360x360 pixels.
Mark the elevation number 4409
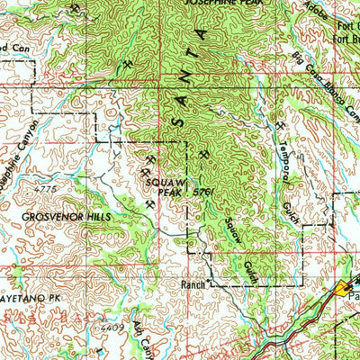point(111,328)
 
